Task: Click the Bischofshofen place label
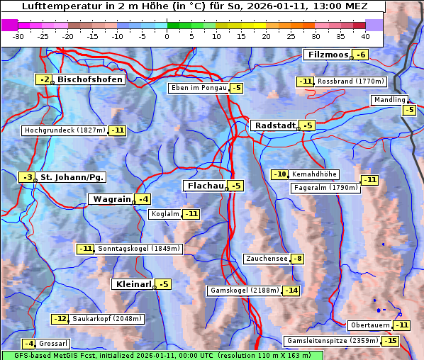pyautogui.click(x=90, y=79)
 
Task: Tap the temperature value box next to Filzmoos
pyautogui.click(x=361, y=55)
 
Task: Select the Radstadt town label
pyautogui.click(x=275, y=125)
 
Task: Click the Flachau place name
pyautogui.click(x=205, y=186)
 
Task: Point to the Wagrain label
pyautogui.click(x=112, y=199)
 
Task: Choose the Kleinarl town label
pyautogui.click(x=133, y=284)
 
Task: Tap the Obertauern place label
pyautogui.click(x=370, y=325)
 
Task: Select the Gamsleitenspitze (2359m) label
pyautogui.click(x=332, y=341)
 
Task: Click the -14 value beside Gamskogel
pyautogui.click(x=291, y=291)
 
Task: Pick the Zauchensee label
pyautogui.click(x=267, y=259)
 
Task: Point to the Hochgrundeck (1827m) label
pyautogui.click(x=65, y=130)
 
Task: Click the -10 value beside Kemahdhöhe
pyautogui.click(x=280, y=174)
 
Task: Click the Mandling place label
pyautogui.click(x=389, y=100)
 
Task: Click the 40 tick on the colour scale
pyautogui.click(x=365, y=36)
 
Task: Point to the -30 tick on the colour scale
pyautogui.click(x=18, y=36)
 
